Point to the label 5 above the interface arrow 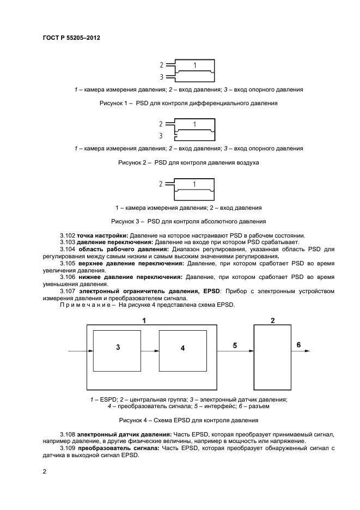coord(235,345)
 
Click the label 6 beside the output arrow coord(298,344)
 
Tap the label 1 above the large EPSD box coord(144,320)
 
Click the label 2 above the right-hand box coord(272,320)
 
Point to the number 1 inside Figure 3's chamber coord(194,184)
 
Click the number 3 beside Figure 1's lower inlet coord(161,77)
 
